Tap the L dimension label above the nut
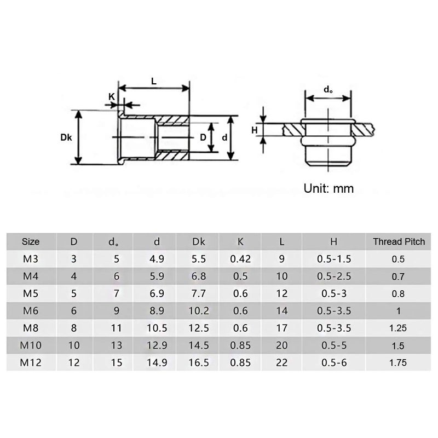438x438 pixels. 154,80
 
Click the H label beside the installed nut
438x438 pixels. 254,130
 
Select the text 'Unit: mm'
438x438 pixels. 328,188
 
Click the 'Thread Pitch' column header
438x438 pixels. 399,241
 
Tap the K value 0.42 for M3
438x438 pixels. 240,259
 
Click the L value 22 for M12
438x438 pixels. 282,362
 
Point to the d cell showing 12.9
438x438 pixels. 157,345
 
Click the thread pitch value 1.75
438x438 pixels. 399,362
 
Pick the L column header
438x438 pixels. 282,241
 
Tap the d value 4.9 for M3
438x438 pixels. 157,259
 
